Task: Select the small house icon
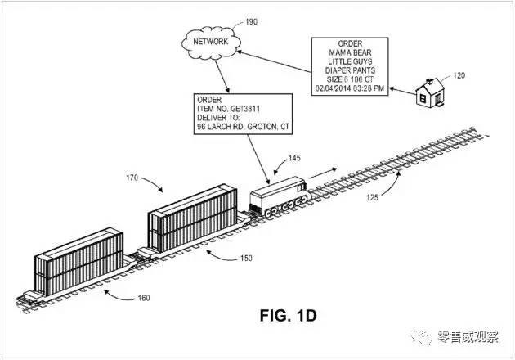428,91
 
